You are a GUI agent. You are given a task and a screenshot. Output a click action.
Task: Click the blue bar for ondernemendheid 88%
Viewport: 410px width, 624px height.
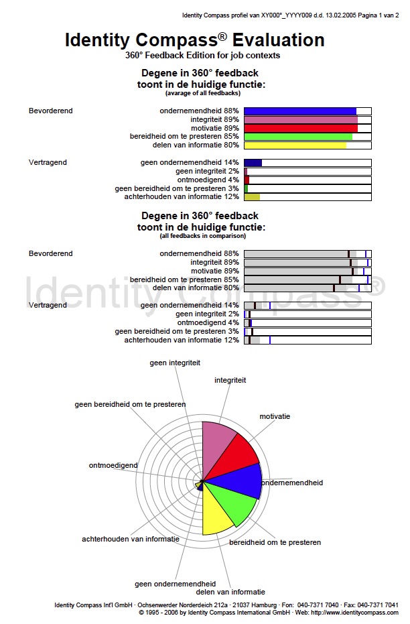tap(299, 111)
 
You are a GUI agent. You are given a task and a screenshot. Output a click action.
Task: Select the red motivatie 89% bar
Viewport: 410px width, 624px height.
tap(300, 128)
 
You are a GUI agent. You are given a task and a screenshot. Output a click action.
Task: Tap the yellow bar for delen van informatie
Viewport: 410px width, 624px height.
tap(295, 145)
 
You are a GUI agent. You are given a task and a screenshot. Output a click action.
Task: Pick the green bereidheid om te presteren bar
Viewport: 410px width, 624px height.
tap(297, 137)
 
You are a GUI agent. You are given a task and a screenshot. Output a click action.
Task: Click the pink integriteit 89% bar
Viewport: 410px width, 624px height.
tap(300, 120)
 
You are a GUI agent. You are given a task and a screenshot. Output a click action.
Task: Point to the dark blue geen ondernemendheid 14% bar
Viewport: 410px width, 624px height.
tap(253, 162)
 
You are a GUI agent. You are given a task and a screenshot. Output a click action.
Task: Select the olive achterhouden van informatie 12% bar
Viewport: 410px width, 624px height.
tap(252, 196)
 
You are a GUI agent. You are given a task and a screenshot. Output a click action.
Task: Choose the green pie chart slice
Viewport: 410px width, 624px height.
tap(234, 503)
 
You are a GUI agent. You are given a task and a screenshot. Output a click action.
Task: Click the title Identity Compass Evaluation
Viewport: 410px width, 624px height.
tap(194, 40)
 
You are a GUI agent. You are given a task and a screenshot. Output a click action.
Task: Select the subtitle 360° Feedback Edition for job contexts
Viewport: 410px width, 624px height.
tap(202, 56)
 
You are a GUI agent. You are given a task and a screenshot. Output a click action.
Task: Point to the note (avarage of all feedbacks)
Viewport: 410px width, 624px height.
tap(200, 92)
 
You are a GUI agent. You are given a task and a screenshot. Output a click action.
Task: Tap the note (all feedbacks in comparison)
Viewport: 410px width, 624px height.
tap(200, 236)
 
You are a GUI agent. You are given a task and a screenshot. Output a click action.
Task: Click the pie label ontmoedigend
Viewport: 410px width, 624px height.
tap(113, 465)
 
